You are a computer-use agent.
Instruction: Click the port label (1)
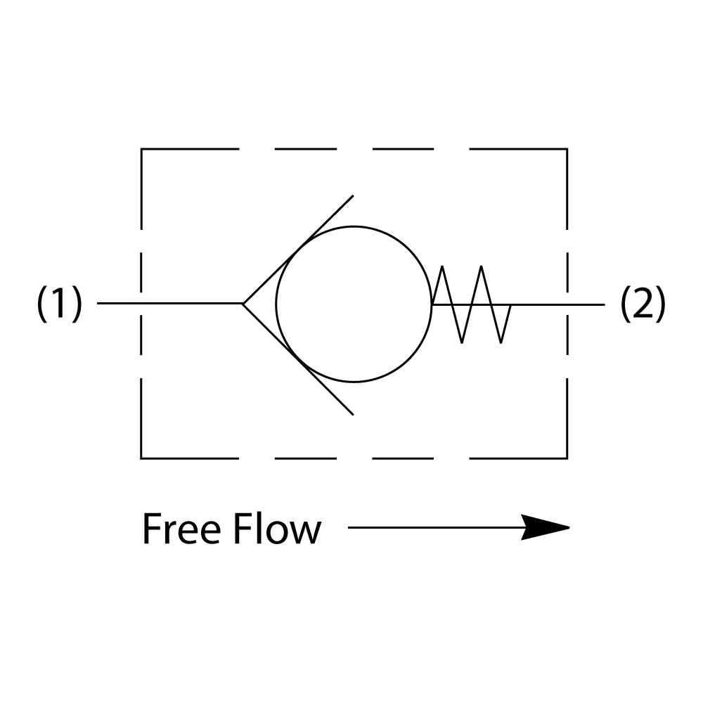pos(60,304)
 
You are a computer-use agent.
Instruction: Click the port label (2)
pos(643,304)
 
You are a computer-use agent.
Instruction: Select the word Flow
pos(277,529)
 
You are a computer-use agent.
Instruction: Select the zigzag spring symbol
pos(471,304)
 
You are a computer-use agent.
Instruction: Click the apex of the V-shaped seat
pos(244,304)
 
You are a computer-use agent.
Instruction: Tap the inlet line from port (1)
pos(169,304)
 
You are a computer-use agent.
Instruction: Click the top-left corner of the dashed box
pos(142,150)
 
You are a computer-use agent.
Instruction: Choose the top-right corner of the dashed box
pos(567,150)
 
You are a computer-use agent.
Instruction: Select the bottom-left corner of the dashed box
pos(142,458)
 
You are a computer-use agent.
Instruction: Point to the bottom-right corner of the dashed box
pos(567,458)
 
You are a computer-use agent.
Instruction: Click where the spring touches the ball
pos(432,304)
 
